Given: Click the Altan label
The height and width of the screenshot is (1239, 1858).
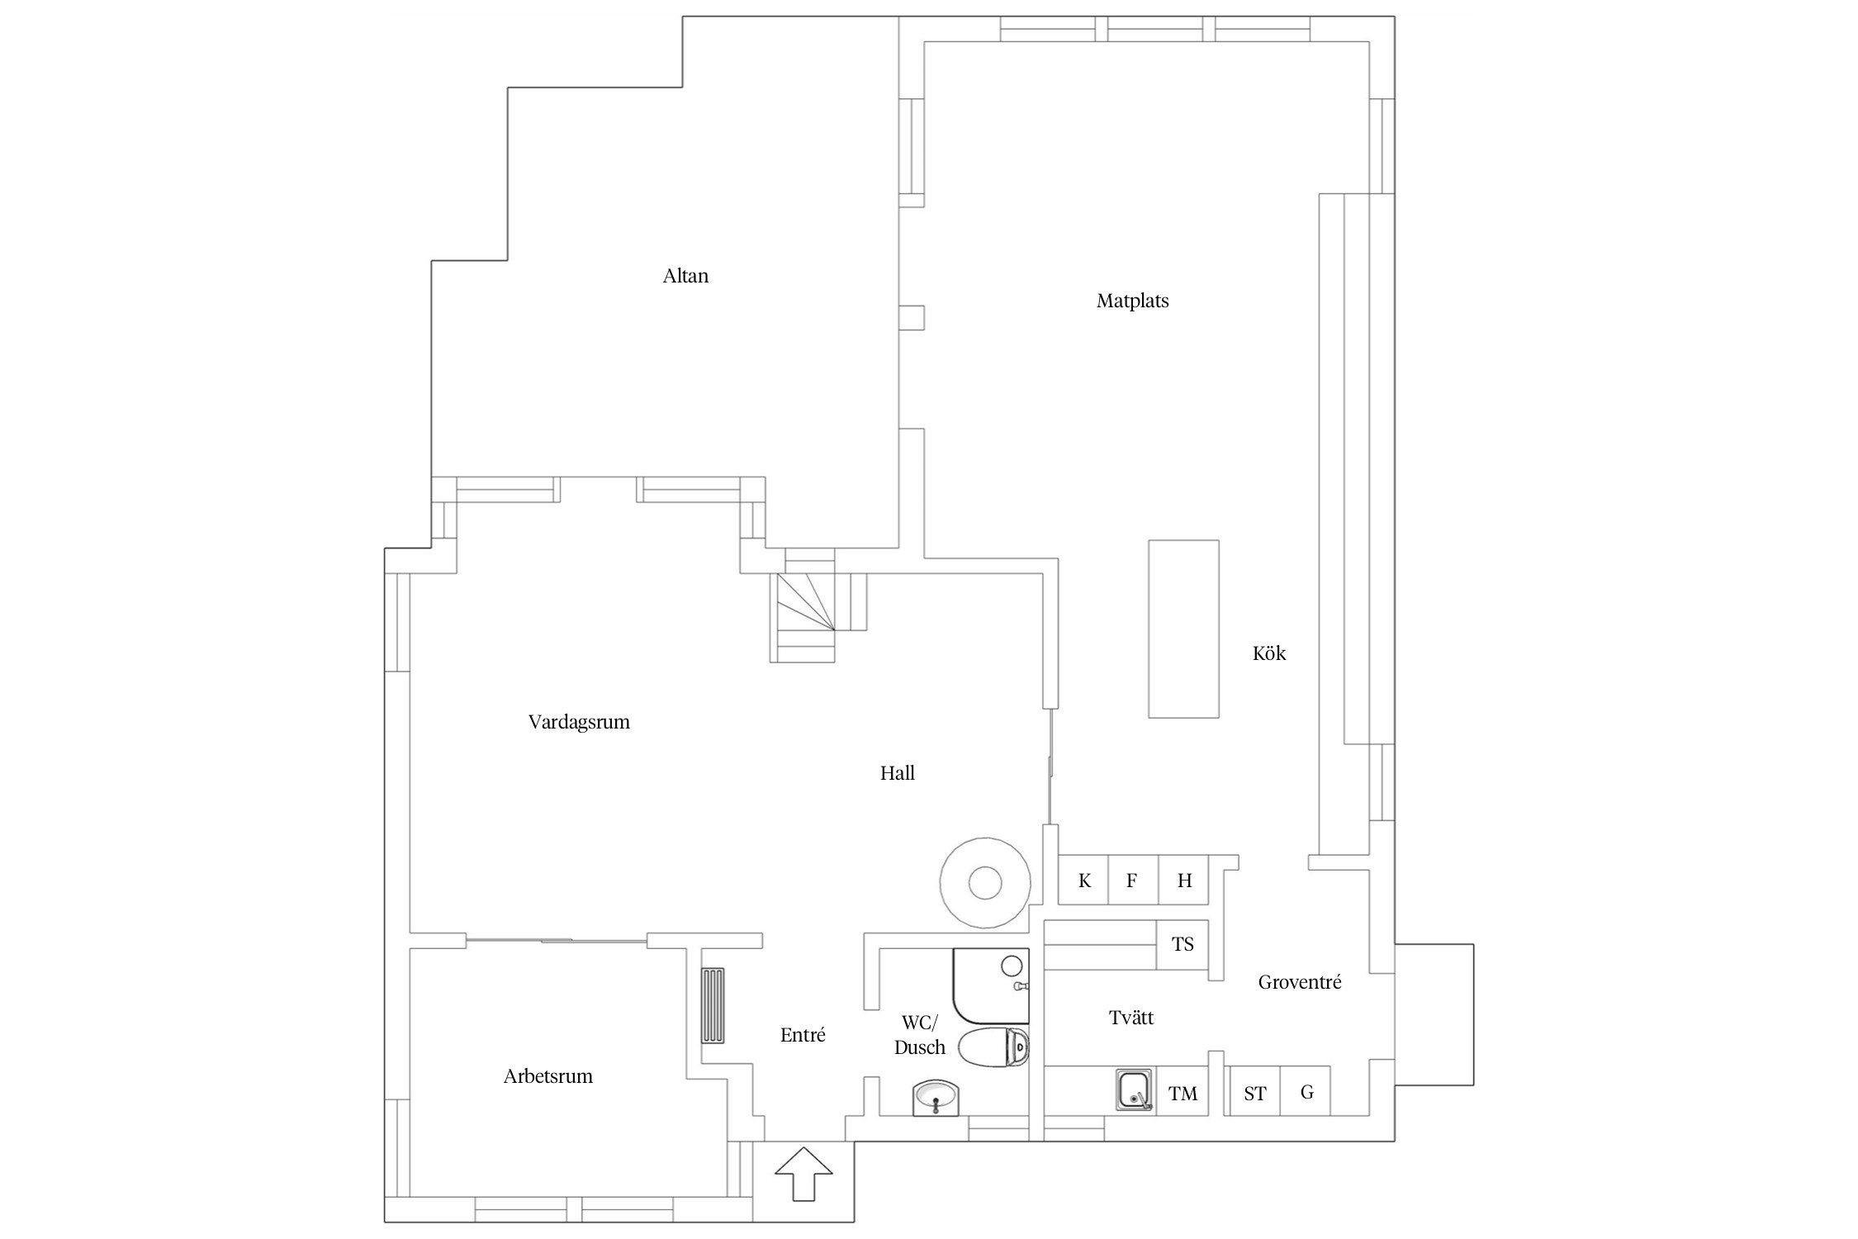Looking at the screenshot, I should coord(685,276).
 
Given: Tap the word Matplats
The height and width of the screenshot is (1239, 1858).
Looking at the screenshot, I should coord(1132,301).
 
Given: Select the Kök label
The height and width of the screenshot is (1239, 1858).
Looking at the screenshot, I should coord(1268,653).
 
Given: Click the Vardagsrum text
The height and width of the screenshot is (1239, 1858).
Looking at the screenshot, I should coord(579,722).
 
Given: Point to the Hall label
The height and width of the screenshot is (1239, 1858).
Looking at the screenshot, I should coord(897,773).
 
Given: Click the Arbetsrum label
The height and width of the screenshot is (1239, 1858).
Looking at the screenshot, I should coord(548,1076).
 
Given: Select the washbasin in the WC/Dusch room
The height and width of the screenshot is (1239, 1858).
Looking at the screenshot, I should coord(936,1098).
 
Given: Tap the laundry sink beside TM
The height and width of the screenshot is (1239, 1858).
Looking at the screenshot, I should coord(1134,1089).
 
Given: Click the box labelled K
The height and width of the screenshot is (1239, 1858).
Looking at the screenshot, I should coord(1083,881).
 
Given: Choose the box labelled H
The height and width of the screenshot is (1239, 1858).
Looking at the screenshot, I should coord(1183,881).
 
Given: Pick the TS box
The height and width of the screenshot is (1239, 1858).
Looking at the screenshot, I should coord(1183,944).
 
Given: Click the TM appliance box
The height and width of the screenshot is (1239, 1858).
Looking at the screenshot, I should coord(1183,1094).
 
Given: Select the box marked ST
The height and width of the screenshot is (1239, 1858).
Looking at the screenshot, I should coord(1254,1094).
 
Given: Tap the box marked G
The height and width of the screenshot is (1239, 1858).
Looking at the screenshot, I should coord(1306,1092).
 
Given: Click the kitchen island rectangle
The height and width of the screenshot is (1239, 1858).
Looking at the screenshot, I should coord(1183,629).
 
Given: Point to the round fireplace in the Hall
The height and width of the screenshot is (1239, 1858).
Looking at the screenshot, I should coord(984,883).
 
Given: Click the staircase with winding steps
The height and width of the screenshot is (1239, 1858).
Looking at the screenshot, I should coord(803,615).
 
